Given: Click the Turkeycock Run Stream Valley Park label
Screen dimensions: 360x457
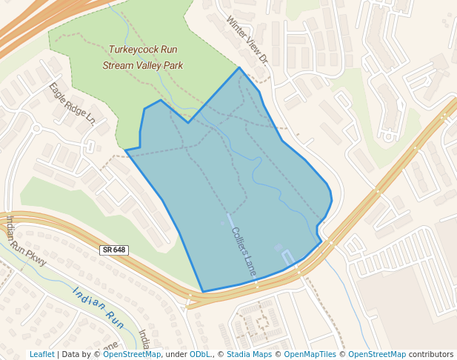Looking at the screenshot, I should pyautogui.click(x=143, y=58).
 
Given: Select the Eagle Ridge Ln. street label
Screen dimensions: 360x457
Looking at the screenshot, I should pyautogui.click(x=73, y=102).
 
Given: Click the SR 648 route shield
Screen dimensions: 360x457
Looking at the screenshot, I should pyautogui.click(x=114, y=251).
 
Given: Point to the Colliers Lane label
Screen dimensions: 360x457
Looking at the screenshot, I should pyautogui.click(x=243, y=252).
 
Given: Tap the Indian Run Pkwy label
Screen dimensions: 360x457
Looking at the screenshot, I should pyautogui.click(x=27, y=241).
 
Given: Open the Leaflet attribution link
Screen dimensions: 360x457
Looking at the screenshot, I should pyautogui.click(x=42, y=355).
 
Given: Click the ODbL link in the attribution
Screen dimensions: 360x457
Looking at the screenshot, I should pyautogui.click(x=199, y=355).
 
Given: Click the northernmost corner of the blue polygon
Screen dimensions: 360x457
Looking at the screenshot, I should pyautogui.click(x=239, y=67).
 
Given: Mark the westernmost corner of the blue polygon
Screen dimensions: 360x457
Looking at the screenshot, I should pyautogui.click(x=125, y=150).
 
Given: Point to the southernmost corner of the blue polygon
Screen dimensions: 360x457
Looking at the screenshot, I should pyautogui.click(x=202, y=292).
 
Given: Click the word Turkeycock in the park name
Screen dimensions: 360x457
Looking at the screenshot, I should pyautogui.click(x=133, y=50).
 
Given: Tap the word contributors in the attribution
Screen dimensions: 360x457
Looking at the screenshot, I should pyautogui.click(x=431, y=355).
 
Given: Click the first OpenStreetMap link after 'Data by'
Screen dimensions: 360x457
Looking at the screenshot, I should pyautogui.click(x=132, y=355).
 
